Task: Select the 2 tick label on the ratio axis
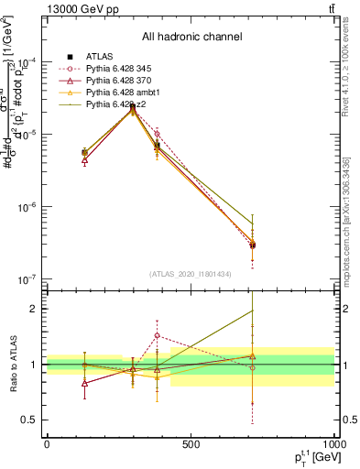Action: pos(32,309)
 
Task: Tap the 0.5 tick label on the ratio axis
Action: pos(28,420)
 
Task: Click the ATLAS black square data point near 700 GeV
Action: pos(252,245)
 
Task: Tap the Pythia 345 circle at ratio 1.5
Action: pos(158,335)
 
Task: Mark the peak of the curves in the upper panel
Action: pos(133,107)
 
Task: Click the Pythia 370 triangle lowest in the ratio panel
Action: pos(85,383)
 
